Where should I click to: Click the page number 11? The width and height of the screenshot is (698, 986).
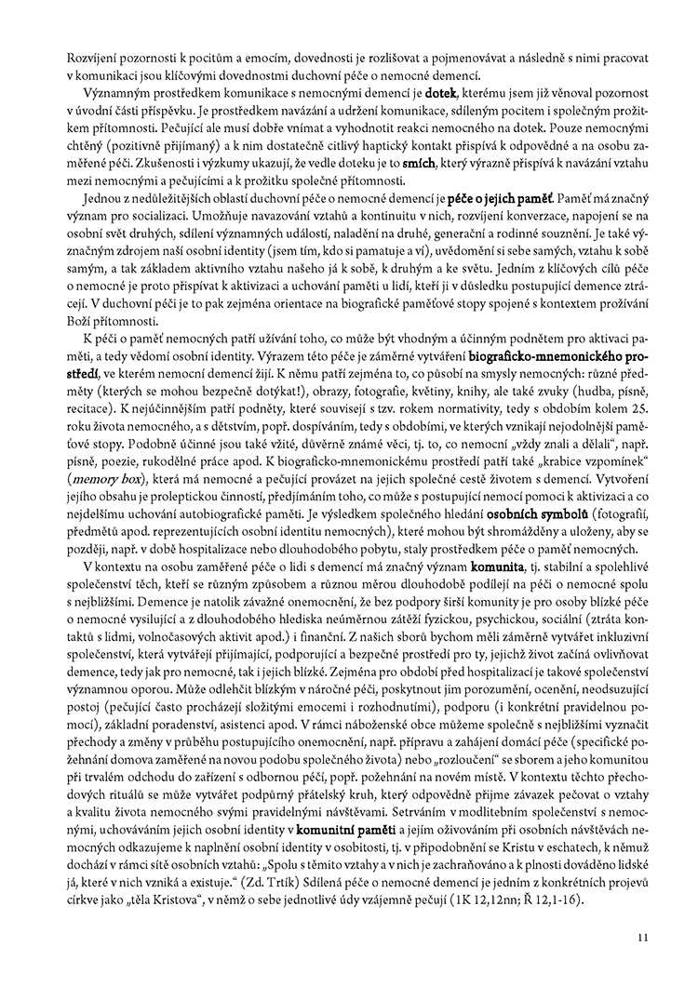pyautogui.click(x=642, y=939)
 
